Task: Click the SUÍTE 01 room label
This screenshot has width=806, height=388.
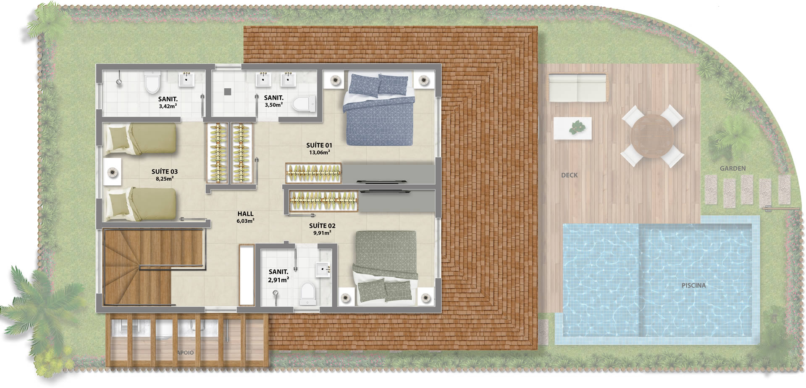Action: point(319,145)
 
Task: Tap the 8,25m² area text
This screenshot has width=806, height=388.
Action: point(165,179)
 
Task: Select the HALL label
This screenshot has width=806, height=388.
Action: point(245,214)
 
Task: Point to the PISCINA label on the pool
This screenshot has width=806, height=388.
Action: point(693,285)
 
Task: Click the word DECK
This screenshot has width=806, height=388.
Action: point(569,175)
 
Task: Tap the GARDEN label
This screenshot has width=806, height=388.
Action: point(733,169)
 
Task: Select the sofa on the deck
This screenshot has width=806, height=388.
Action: point(578,88)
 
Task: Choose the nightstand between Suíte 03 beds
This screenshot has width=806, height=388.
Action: point(112,172)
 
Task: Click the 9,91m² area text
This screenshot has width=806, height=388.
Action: point(322,233)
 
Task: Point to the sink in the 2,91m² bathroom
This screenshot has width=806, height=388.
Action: point(324,267)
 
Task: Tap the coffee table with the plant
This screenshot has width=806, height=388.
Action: point(572,128)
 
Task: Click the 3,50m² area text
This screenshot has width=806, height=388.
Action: point(273,105)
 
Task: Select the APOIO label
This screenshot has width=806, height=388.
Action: point(185,353)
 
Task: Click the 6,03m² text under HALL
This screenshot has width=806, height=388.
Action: point(245,221)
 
